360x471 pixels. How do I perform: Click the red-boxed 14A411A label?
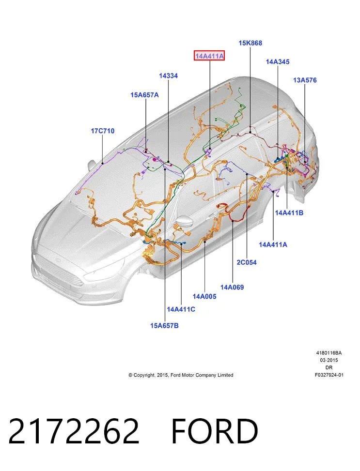point(209,56)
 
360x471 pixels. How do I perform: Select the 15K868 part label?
point(250,43)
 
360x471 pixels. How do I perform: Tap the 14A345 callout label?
point(278,61)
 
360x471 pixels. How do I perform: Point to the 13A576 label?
point(305,80)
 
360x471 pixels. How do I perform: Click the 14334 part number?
point(169,76)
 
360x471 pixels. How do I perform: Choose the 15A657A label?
point(145,95)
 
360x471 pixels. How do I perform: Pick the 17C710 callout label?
point(103,131)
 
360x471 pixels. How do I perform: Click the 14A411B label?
point(289,213)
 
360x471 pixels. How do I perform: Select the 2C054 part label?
point(247,262)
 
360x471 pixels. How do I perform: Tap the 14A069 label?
point(232,287)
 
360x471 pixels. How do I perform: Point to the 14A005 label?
point(204,296)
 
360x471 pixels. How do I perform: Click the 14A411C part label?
point(181,309)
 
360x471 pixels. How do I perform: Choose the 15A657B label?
point(165,325)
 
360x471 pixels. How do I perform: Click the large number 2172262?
point(74,431)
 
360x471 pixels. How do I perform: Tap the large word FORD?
point(215,431)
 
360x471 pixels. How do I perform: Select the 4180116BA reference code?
point(329,353)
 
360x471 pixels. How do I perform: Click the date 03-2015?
point(329,360)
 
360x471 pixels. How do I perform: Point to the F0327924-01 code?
point(329,375)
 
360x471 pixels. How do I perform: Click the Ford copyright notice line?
point(181,375)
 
